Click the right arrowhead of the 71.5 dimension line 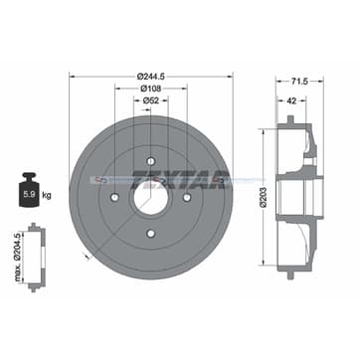324,82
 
